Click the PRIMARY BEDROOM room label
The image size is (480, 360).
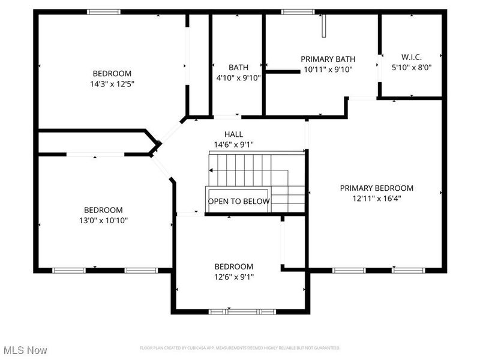(x=376, y=188)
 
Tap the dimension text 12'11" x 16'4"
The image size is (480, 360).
(x=376, y=199)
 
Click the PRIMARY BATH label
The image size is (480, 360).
(x=328, y=59)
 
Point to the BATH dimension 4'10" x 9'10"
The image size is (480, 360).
(x=238, y=77)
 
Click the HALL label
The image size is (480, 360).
(x=233, y=134)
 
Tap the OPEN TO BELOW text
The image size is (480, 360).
(x=238, y=201)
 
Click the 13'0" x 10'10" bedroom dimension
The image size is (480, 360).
(x=103, y=220)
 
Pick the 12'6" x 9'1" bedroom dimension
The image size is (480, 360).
(x=234, y=277)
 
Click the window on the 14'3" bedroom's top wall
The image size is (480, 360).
(x=104, y=11)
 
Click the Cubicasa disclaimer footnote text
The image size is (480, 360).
(x=240, y=348)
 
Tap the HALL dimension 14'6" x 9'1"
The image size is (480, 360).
(x=233, y=145)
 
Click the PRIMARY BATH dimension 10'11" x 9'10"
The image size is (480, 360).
(x=328, y=69)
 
